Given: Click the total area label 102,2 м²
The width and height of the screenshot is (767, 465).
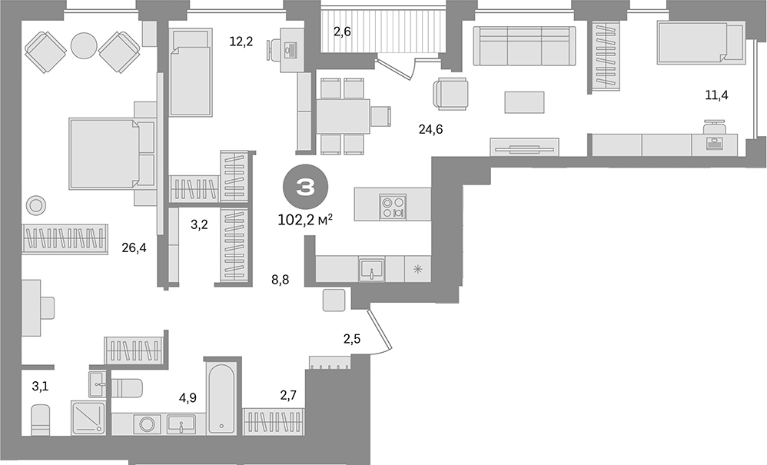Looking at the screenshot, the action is coord(306,220).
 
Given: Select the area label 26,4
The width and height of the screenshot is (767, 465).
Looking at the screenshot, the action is coord(134,248).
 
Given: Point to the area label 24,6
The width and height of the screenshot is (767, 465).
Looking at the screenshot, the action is coord(430,130).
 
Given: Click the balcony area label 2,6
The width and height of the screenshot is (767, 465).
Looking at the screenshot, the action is coord(343,32).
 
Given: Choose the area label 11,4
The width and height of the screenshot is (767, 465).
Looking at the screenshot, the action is coord(716,95).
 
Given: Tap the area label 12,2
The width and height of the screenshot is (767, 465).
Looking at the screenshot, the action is coord(241,42).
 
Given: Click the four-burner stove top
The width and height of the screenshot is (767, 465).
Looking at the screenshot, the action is coord(393,206).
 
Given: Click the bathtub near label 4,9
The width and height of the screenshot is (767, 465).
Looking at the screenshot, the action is coord(221,398).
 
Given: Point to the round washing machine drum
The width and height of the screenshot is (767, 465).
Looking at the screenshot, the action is coord(147,423).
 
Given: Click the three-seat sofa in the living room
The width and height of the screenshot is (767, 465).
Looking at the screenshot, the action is coord(524,45).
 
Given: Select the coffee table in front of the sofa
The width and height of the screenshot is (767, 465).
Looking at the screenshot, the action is coord(524,103).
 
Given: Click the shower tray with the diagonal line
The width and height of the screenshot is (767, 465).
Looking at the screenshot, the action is coord(88,418).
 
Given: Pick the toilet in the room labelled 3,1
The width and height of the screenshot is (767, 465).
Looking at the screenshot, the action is coord(40,420).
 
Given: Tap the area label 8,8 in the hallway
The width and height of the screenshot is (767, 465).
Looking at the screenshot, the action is coord(281,280).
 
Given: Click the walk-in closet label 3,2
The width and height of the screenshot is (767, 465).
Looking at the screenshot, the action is coord(199,225).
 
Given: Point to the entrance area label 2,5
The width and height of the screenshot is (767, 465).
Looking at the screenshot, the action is coord(352,338).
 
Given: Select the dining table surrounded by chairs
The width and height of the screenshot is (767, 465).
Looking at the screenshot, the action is coord(343,116).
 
